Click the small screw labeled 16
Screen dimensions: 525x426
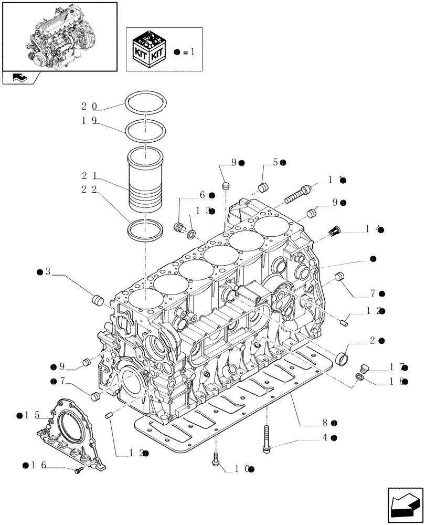click(x=79, y=471)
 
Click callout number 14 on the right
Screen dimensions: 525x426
click(x=372, y=229)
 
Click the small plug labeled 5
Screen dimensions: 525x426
click(x=264, y=187)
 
